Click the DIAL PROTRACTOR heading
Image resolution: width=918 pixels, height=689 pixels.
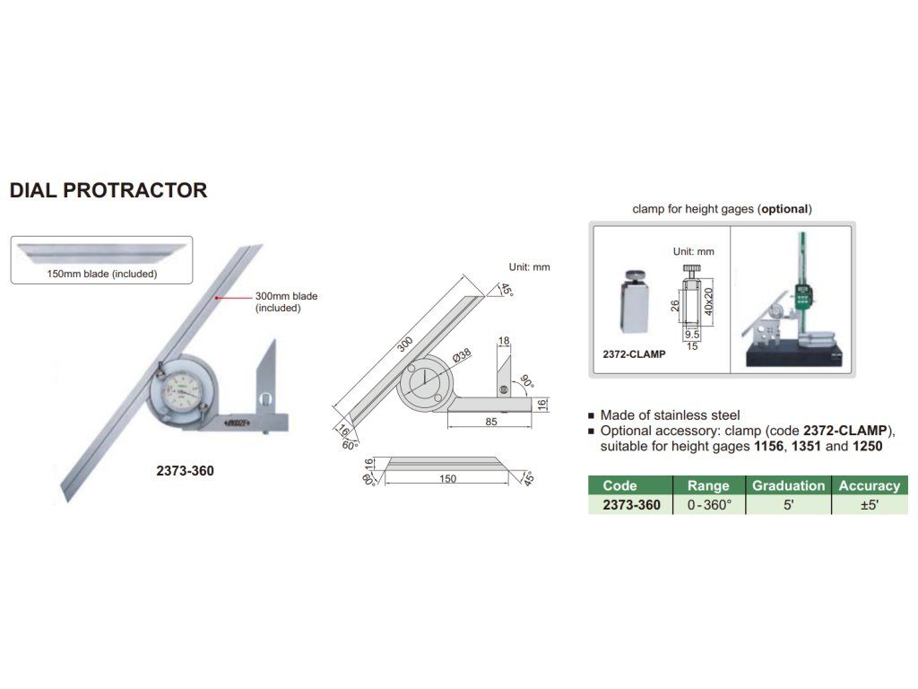pos(108,190)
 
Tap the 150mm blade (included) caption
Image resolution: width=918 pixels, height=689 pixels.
pos(102,274)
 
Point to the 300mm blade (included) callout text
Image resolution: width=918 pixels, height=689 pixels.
pos(286,301)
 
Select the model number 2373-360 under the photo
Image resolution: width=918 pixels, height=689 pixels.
pos(185,471)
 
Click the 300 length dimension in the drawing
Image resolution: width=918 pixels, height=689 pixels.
pos(405,344)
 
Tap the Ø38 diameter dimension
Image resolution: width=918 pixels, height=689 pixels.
pos(462,355)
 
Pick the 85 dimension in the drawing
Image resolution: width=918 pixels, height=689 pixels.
pos(491,422)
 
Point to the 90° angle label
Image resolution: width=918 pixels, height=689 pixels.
pos(527,381)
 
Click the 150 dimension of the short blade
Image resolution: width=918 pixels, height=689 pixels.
pos(448,479)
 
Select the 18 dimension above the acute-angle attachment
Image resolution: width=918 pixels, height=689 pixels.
pos(504,340)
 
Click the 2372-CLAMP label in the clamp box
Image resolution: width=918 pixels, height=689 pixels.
pos(634,354)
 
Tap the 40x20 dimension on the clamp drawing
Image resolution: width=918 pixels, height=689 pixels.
pos(708,301)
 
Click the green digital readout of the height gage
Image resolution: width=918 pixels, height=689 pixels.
pos(802,297)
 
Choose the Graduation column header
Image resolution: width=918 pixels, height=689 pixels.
pos(788,485)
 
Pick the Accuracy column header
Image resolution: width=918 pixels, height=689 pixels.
pos(870,485)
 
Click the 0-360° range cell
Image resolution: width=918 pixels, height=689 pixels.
pos(710,505)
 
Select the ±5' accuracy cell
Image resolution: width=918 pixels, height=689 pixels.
pos(870,505)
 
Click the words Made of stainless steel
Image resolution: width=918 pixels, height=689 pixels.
pos(670,415)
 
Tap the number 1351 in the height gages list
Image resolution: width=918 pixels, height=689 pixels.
pos(806,447)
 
